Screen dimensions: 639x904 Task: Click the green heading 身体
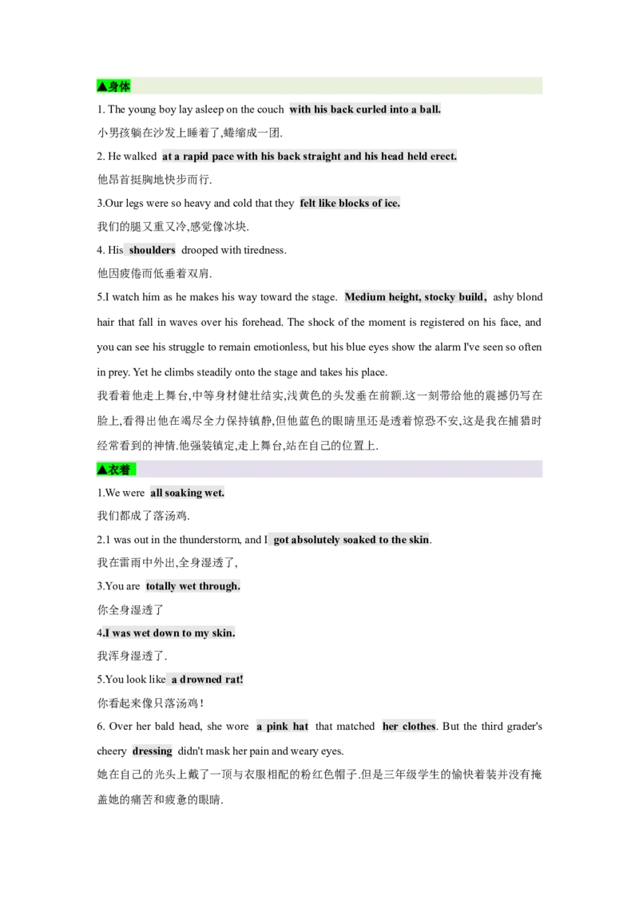[x=113, y=86]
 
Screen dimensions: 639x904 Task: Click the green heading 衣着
[x=116, y=470]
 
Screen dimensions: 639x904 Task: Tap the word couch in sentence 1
[x=270, y=109]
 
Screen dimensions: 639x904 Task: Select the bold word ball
[x=430, y=109]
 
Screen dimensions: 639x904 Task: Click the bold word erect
[x=443, y=157]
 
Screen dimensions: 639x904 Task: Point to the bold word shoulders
[x=153, y=250]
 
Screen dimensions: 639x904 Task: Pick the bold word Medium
[x=365, y=297]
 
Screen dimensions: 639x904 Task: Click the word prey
[x=119, y=372]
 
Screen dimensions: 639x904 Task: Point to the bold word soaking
[x=184, y=493]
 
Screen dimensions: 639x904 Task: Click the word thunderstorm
[x=211, y=540]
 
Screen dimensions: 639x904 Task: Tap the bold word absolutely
[x=316, y=540]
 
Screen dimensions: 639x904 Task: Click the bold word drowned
[x=200, y=680]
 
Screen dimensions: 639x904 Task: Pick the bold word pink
[x=277, y=727]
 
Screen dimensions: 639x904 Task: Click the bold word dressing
[x=153, y=751]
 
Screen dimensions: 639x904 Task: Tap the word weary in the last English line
[x=299, y=751]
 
